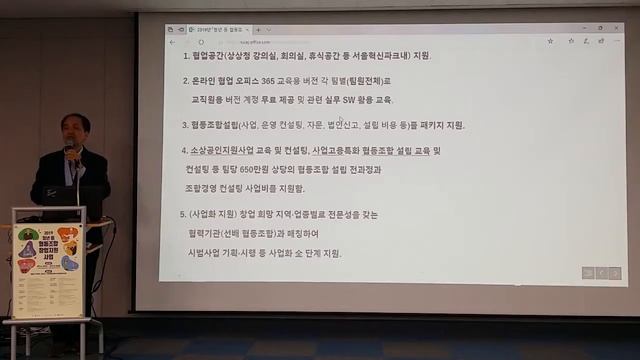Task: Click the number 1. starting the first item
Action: [x=185, y=55]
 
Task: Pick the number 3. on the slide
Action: [x=185, y=125]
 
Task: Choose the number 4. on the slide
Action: [x=185, y=150]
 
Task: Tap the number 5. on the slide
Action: [x=184, y=214]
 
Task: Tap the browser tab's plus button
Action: [x=258, y=30]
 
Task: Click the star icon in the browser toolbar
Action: [x=552, y=40]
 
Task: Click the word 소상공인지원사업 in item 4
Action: [x=225, y=150]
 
